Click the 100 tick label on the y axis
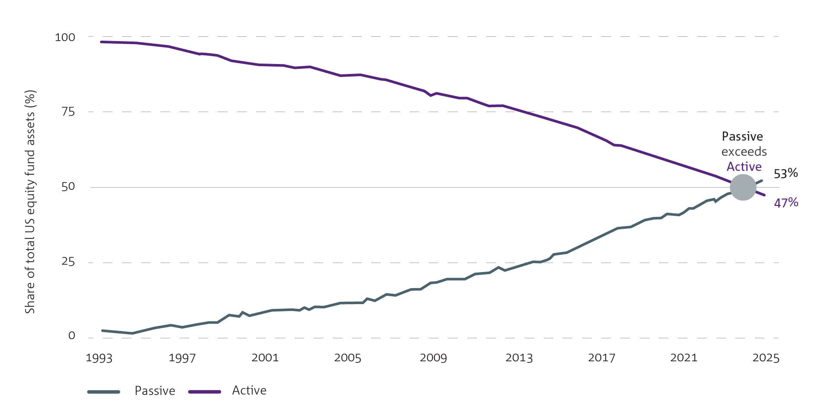(65, 37)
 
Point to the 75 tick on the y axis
(68, 112)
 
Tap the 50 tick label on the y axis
(68, 186)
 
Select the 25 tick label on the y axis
(68, 261)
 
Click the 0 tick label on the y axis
(71, 336)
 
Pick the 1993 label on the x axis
(99, 358)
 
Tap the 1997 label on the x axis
(182, 358)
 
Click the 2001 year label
(265, 357)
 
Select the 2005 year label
(347, 358)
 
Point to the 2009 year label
(433, 358)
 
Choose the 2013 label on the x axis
(519, 358)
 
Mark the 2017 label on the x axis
(601, 358)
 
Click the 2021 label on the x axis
(683, 358)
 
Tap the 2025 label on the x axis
(766, 358)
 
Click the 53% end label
(786, 173)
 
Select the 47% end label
(786, 202)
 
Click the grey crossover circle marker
(743, 187)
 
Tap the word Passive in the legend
(155, 391)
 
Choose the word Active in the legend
(249, 390)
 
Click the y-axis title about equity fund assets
(30, 202)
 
